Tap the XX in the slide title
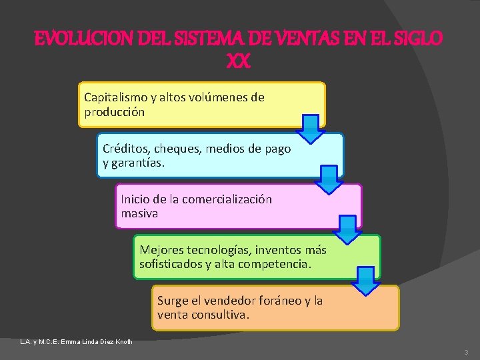(x=238, y=62)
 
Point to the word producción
(x=115, y=113)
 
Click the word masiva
(x=139, y=214)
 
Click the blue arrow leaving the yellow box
(x=309, y=129)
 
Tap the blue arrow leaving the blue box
(x=328, y=180)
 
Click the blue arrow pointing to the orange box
(x=365, y=281)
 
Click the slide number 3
(x=465, y=351)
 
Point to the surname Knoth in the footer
(x=123, y=342)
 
